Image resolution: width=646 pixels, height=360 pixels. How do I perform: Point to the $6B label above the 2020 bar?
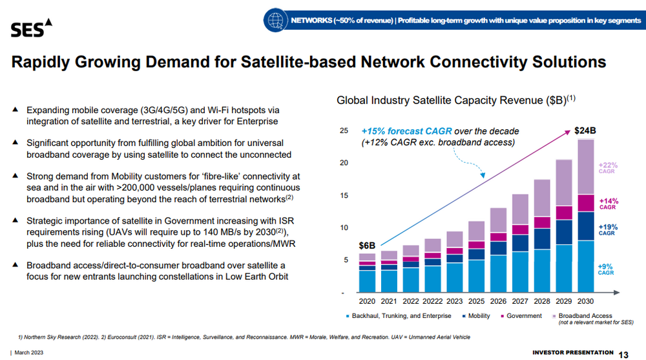[x=366, y=246]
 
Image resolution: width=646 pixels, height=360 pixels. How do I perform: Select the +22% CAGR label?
[x=607, y=167]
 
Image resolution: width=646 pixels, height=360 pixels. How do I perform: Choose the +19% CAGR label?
[x=607, y=230]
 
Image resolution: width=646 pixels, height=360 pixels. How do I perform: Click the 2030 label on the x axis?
[x=585, y=301]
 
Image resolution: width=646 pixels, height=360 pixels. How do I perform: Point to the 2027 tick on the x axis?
[x=519, y=301]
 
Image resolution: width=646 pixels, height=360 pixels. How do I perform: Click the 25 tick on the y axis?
[x=343, y=131]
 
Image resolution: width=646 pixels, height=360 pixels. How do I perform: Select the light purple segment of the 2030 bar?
[x=585, y=167]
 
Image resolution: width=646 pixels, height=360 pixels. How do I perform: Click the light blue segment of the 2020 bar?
[x=367, y=281]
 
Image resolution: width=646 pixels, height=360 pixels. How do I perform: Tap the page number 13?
[x=624, y=354]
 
